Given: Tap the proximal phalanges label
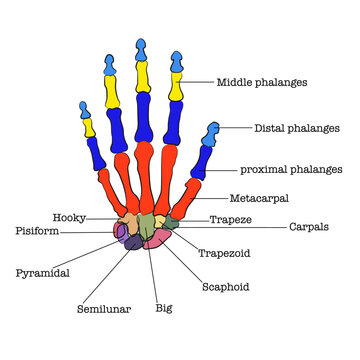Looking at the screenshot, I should click(291, 170).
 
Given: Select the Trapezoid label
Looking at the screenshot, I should click(224, 253).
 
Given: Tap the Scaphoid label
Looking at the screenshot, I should click(225, 287).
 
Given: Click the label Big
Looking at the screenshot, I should click(163, 308).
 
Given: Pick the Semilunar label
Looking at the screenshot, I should click(104, 309).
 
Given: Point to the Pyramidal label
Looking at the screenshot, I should click(42, 271).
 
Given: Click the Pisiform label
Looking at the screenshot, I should click(37, 230).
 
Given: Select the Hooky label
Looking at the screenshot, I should click(68, 217).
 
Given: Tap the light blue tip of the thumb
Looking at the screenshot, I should click(213, 130).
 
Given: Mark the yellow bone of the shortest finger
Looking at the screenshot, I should click(89, 124).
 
